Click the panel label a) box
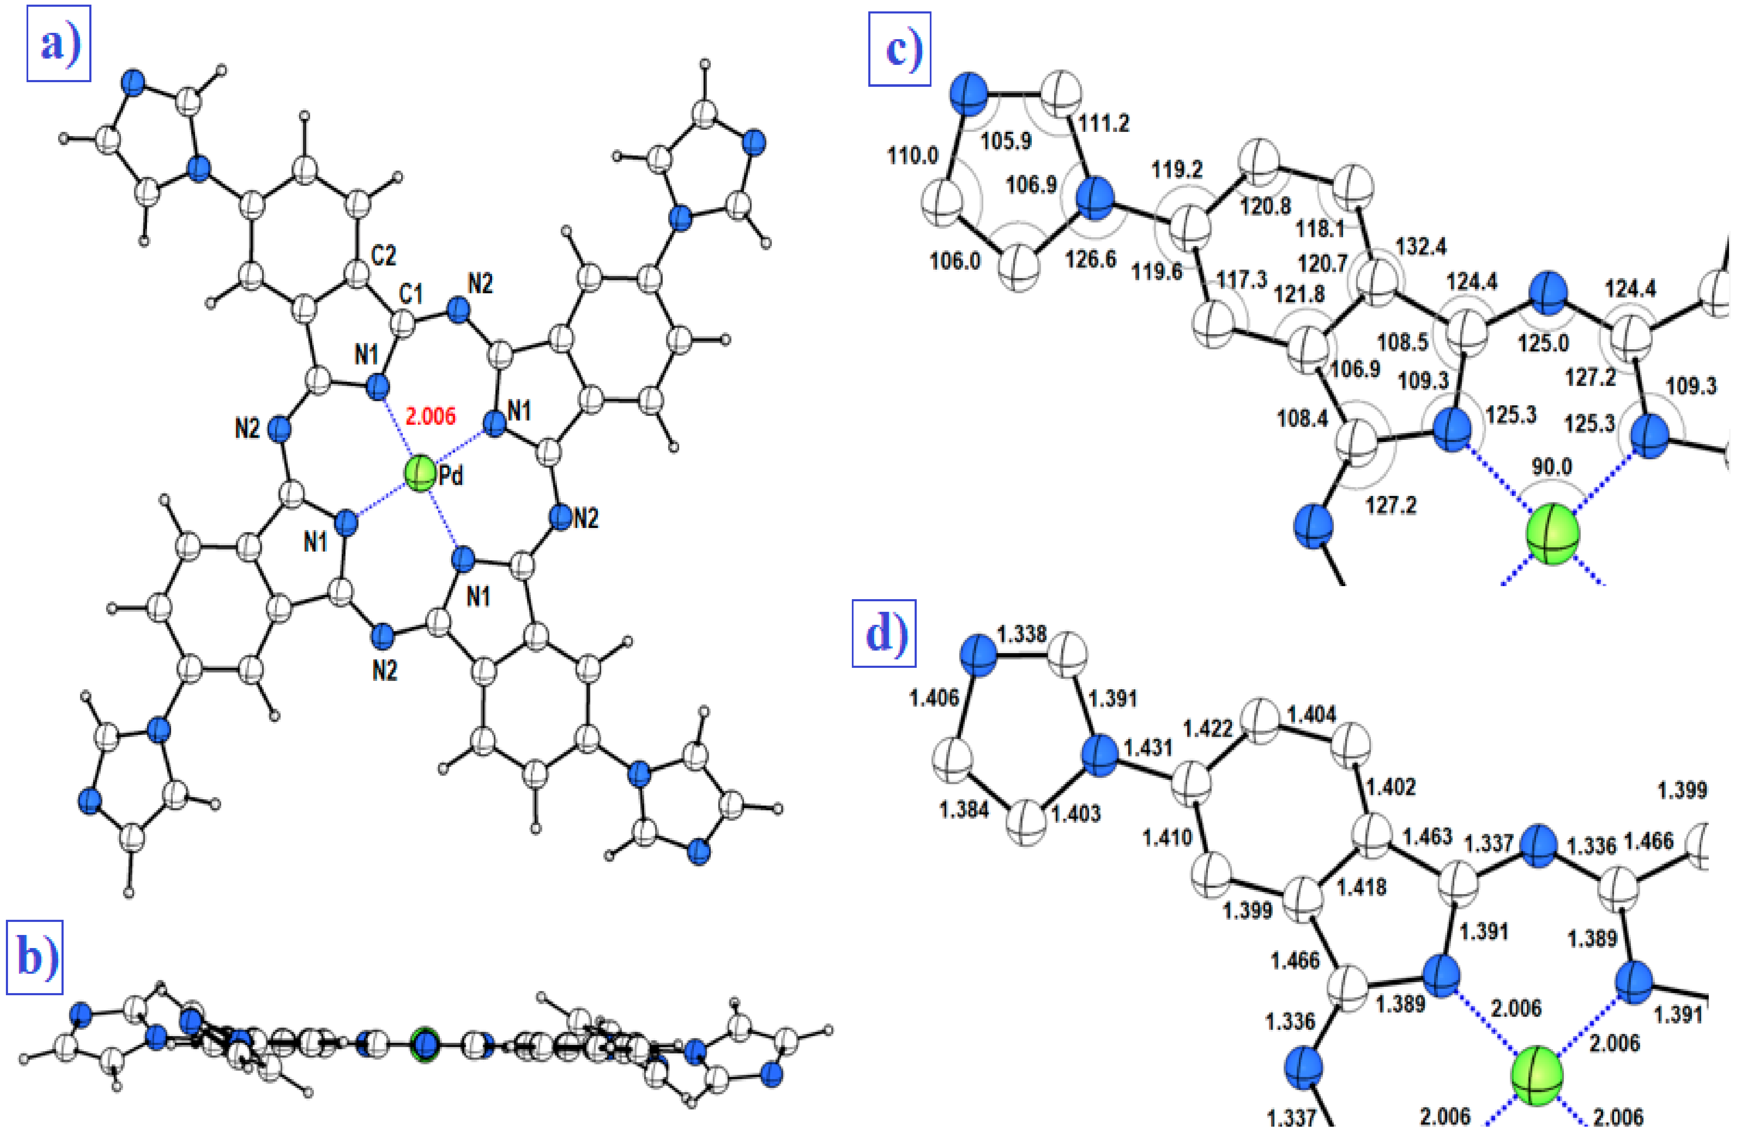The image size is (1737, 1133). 59,43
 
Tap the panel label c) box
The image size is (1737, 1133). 899,49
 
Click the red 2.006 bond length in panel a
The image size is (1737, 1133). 431,416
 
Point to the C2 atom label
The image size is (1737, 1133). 384,255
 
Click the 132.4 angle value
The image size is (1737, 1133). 1421,247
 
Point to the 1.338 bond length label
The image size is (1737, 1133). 1022,634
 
